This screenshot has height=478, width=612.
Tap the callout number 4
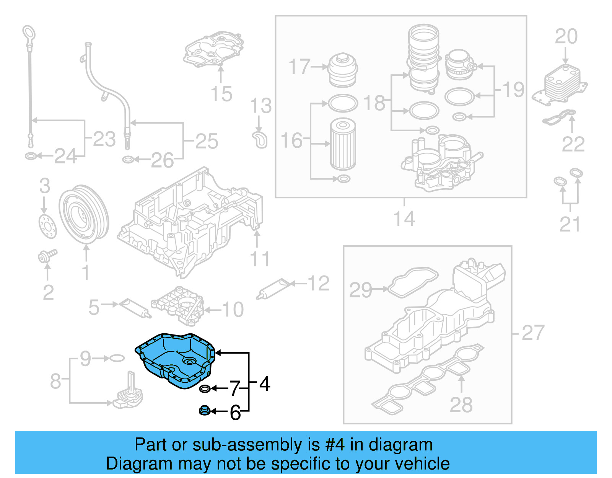(x=265, y=383)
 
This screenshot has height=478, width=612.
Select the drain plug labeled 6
(x=205, y=411)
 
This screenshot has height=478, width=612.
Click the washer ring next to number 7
(x=205, y=389)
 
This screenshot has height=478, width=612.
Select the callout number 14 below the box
(x=404, y=219)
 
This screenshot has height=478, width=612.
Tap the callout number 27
(x=533, y=333)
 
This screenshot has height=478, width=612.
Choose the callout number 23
(x=104, y=139)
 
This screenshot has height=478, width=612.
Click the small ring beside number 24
(x=30, y=156)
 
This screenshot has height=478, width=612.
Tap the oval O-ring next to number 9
(x=117, y=358)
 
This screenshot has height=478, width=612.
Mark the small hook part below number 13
(x=260, y=140)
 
